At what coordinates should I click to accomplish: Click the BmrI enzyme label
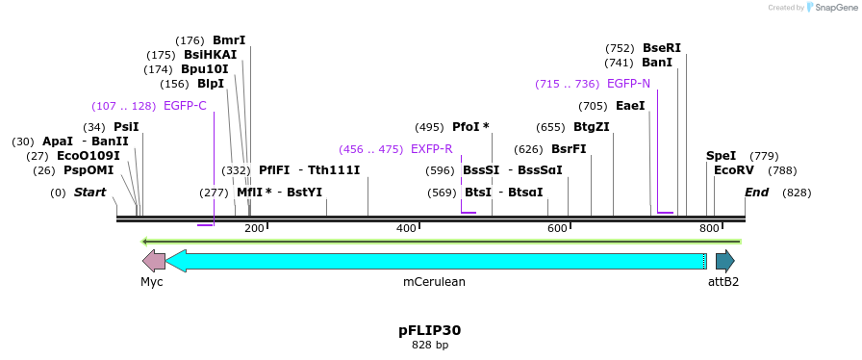click(x=229, y=40)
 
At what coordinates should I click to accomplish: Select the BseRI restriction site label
click(x=661, y=48)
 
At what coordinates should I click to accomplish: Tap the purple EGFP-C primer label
click(x=185, y=106)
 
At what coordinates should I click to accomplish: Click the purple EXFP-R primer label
click(x=431, y=149)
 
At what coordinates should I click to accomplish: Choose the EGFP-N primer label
click(x=628, y=84)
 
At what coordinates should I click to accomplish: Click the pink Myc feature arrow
click(x=153, y=261)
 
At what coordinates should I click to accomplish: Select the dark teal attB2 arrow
click(x=724, y=261)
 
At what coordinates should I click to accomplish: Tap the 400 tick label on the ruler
click(x=406, y=228)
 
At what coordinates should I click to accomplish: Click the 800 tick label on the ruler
click(x=709, y=228)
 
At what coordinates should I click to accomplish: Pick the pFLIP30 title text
click(x=430, y=330)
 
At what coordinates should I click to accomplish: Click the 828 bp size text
click(x=430, y=345)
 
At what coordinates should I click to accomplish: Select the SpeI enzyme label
click(x=721, y=156)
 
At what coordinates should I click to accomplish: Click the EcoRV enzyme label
click(x=734, y=170)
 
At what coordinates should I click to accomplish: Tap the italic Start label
click(x=89, y=193)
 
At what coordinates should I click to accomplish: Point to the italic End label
click(x=756, y=193)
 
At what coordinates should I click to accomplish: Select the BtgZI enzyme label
click(x=591, y=127)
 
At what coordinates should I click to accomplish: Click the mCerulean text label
click(x=434, y=282)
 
